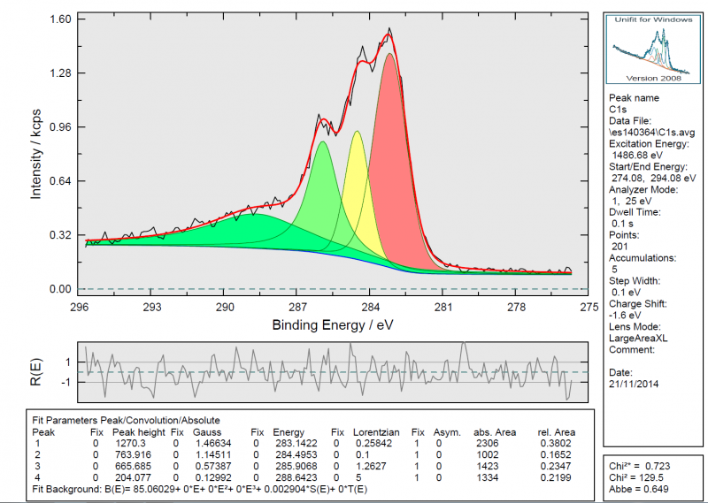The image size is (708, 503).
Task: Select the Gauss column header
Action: (207, 431)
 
